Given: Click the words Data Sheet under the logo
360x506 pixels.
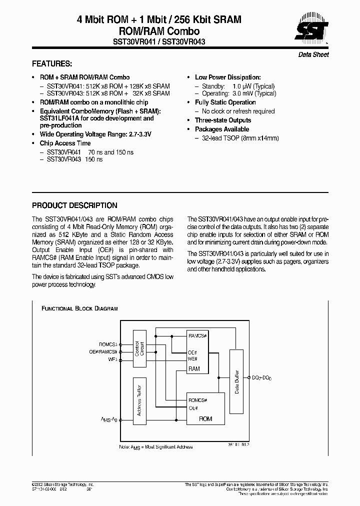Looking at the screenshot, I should click(x=313, y=54).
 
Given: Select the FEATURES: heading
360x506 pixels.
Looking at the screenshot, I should click(x=52, y=64).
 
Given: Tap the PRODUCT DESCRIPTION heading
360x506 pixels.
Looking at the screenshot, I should click(x=74, y=205).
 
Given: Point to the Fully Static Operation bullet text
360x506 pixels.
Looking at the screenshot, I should click(x=225, y=102).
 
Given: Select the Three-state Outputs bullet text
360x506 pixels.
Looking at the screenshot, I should click(x=223, y=120).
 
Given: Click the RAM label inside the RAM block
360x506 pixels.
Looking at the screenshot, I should click(x=194, y=368).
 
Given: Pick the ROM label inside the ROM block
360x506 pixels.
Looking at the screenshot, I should click(x=205, y=419).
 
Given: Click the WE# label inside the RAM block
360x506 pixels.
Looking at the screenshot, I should click(x=193, y=358).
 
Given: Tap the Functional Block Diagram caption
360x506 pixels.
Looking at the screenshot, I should click(x=79, y=309).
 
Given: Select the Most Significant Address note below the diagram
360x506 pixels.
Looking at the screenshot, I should click(x=155, y=447).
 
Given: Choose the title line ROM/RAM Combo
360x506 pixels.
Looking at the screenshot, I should click(x=158, y=31).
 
